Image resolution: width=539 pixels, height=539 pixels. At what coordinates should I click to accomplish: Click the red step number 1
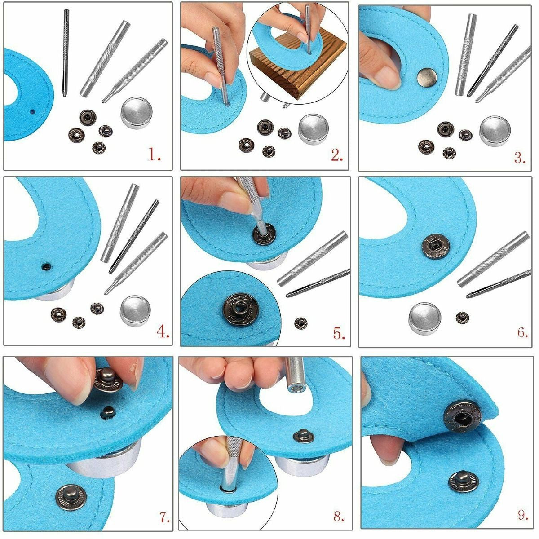[x=154, y=155]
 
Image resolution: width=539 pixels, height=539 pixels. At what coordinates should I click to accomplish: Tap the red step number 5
[x=339, y=334]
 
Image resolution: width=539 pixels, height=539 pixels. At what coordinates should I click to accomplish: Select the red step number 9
[x=522, y=515]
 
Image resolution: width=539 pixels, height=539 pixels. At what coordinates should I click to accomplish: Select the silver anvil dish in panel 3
[x=495, y=131]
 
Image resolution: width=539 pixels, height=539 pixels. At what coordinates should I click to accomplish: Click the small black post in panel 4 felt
[x=45, y=266]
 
